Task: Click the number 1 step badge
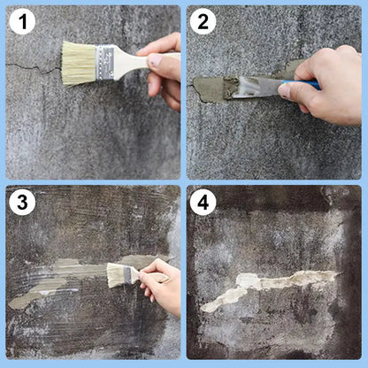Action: pyautogui.click(x=22, y=22)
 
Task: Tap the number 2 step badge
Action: pyautogui.click(x=203, y=22)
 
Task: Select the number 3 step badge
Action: pyautogui.click(x=22, y=203)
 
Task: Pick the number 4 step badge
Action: pyautogui.click(x=203, y=203)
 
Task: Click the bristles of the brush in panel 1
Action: pyautogui.click(x=78, y=63)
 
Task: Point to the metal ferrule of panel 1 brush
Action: pyautogui.click(x=106, y=61)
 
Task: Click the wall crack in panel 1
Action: pyautogui.click(x=31, y=66)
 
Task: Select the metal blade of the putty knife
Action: pyautogui.click(x=257, y=86)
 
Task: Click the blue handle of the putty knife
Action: pyautogui.click(x=305, y=85)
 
